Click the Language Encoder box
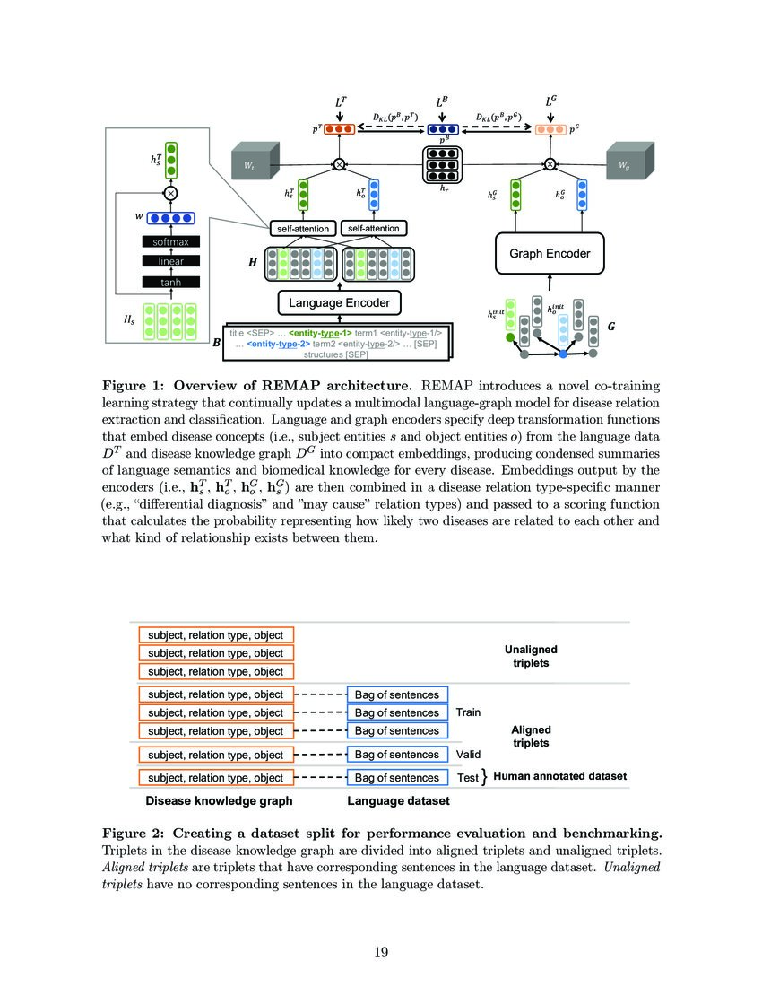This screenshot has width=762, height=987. click(339, 303)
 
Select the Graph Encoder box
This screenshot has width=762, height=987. click(550, 253)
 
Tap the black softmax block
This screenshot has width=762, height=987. click(171, 241)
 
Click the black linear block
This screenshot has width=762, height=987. click(171, 261)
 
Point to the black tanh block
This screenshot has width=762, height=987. click(171, 282)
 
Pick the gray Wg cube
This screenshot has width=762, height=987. click(628, 164)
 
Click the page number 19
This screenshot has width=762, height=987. click(381, 952)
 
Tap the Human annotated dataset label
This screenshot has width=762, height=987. click(560, 776)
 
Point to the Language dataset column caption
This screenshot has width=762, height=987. click(398, 800)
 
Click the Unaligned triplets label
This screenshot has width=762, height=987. click(531, 656)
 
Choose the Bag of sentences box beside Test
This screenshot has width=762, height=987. click(397, 777)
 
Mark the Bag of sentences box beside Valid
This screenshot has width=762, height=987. click(397, 755)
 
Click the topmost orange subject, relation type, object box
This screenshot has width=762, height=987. click(216, 634)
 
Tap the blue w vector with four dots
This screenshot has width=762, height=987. click(170, 217)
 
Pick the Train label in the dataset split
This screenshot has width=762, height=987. click(468, 712)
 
